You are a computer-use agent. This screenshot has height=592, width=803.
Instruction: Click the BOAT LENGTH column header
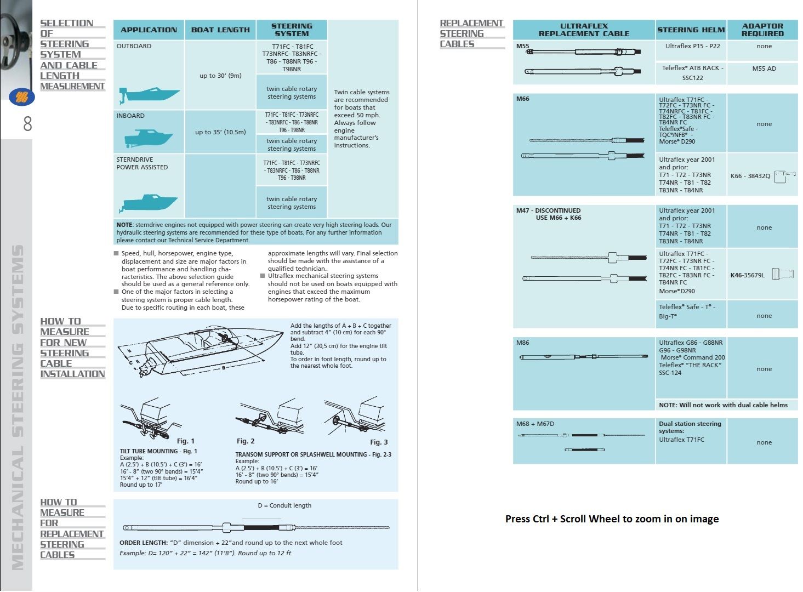[220, 30]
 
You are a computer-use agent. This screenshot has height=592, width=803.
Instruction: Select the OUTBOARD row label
[134, 46]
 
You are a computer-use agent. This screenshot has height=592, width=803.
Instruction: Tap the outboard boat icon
[149, 96]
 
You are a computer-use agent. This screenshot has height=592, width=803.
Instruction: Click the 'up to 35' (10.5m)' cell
[220, 132]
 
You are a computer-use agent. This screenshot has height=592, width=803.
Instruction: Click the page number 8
[27, 124]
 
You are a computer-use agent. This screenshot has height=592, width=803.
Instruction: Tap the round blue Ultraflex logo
[22, 98]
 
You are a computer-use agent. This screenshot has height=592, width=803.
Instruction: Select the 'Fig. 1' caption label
[186, 441]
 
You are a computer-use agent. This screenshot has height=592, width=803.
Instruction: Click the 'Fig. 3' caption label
[379, 442]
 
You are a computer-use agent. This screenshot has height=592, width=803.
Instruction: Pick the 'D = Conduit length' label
[284, 505]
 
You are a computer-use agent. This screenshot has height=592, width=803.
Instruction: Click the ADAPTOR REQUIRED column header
[762, 30]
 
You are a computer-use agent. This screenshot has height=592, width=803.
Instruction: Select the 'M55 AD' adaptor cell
[764, 69]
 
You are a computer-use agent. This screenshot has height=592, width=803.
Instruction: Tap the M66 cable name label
[523, 99]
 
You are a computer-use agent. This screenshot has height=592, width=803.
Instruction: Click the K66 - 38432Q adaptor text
[750, 176]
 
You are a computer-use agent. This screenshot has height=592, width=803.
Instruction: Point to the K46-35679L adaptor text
[747, 275]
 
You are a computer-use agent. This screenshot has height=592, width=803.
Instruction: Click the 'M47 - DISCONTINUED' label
[548, 210]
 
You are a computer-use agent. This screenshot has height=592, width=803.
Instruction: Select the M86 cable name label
[523, 343]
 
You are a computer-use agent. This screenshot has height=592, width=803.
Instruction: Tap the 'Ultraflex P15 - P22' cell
[692, 46]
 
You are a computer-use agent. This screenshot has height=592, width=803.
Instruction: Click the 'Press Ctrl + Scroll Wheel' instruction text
[612, 519]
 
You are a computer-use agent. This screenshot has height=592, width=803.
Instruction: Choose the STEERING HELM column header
[691, 30]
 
